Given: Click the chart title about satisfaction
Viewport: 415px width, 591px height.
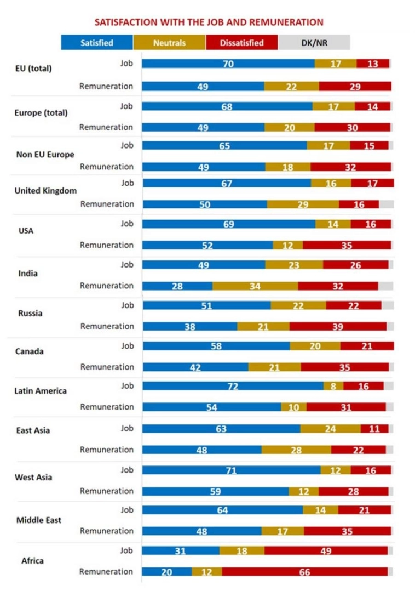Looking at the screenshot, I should (x=209, y=22).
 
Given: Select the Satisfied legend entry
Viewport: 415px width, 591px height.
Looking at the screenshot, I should (x=97, y=43).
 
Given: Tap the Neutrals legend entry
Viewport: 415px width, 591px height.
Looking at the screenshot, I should (x=169, y=43).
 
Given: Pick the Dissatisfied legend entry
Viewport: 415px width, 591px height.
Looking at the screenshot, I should (x=241, y=43).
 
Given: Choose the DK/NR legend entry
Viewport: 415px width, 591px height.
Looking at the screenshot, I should (x=314, y=43).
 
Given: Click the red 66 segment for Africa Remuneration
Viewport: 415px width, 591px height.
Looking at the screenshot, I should (x=304, y=572).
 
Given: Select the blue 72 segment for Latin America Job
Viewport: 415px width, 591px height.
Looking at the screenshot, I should (x=233, y=386).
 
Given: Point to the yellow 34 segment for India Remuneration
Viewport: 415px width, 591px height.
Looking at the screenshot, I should (x=255, y=286).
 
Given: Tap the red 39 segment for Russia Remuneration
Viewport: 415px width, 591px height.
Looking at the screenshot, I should (x=338, y=326).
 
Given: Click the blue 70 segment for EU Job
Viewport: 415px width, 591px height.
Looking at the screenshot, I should (x=228, y=64).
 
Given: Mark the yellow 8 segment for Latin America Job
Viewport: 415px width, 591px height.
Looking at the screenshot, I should (x=333, y=386).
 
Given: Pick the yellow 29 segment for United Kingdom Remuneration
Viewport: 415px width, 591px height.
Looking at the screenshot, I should (x=303, y=204).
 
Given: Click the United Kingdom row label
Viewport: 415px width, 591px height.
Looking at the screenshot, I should (x=45, y=191).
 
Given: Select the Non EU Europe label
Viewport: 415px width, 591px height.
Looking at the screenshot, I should (x=45, y=155).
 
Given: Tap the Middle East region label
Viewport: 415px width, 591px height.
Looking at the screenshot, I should (x=38, y=520).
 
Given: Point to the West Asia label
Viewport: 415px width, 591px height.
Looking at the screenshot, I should (x=34, y=477).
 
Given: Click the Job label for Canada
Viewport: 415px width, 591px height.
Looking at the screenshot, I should (x=127, y=345).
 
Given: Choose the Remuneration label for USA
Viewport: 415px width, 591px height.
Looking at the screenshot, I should (x=106, y=245).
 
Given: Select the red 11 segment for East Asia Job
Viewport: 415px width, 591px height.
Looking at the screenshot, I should (x=374, y=428).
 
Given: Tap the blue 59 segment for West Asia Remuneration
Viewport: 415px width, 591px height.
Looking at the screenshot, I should (x=215, y=491).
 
